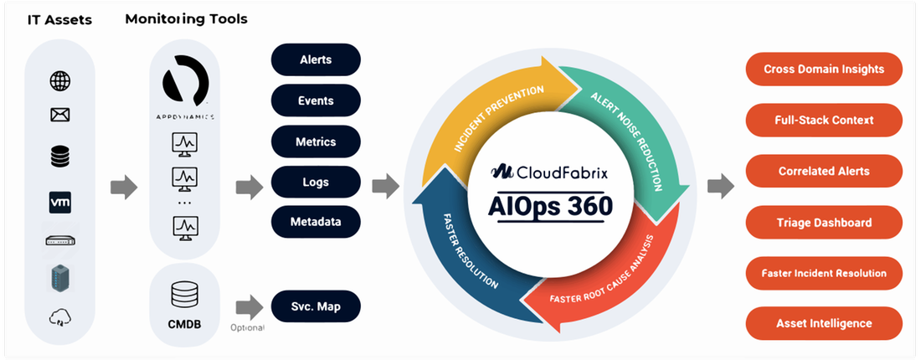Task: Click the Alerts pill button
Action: [x=316, y=59]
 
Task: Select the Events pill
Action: [x=316, y=100]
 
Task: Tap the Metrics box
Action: [x=316, y=141]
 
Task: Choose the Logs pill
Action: [x=316, y=182]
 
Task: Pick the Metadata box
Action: [x=316, y=222]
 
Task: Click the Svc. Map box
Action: [x=316, y=306]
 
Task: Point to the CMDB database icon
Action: [x=183, y=294]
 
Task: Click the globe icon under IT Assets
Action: [x=60, y=81]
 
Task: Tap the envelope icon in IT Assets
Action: [x=60, y=116]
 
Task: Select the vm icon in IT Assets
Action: [x=60, y=202]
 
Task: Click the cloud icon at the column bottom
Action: [x=60, y=317]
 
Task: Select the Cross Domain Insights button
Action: [x=824, y=69]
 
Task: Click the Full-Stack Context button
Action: [x=824, y=120]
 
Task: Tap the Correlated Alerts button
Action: [x=824, y=171]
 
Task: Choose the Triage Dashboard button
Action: [x=824, y=222]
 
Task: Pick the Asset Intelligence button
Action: [x=824, y=323]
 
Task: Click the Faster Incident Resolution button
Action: [x=824, y=273]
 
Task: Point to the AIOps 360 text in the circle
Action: [x=550, y=205]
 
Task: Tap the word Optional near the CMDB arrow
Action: [x=247, y=327]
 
